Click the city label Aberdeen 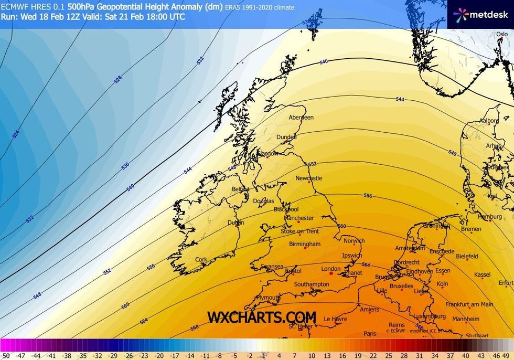pos(301,118)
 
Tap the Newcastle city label pos(308,178)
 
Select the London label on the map pos(331,269)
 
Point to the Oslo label pos(502,34)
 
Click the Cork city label pos(201,260)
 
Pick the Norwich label pos(354,241)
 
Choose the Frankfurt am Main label pos(469,304)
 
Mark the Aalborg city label pos(489,121)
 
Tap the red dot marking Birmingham pos(305,248)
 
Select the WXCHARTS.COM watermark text pos(261,317)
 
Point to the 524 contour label pos(15,134)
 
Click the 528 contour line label pos(117,80)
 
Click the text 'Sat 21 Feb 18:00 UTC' pos(148,16)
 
